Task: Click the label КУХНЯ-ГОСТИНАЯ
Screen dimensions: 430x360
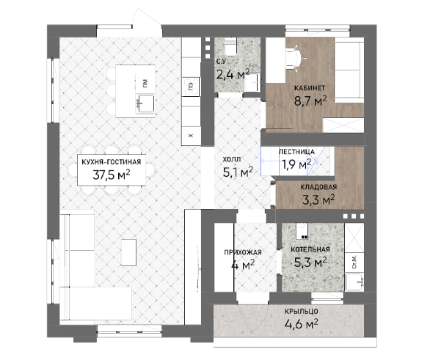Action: coord(112,162)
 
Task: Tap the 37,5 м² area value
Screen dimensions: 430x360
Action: coord(112,175)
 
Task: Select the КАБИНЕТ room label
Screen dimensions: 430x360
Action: coord(310,88)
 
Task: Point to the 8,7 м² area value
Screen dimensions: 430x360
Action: coord(310,101)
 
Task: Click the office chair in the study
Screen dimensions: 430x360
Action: coord(296,58)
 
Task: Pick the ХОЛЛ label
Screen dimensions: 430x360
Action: coord(232,159)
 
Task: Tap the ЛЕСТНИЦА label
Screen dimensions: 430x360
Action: coord(296,152)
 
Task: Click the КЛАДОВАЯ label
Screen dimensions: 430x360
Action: coord(318,188)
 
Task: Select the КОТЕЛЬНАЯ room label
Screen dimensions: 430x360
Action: coord(310,249)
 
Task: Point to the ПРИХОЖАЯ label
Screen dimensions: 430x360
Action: coord(243,253)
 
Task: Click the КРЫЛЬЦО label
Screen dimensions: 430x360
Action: coord(301,312)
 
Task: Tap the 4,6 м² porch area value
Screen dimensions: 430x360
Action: coord(302,324)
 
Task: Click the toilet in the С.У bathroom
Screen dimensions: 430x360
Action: coord(230,47)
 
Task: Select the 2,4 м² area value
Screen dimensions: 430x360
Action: coord(233,74)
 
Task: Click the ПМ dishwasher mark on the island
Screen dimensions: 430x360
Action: coord(145,83)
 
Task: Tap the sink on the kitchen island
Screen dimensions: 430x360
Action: coord(145,103)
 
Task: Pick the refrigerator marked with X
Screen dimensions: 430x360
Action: coord(191,136)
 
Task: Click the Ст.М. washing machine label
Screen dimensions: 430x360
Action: coord(354,262)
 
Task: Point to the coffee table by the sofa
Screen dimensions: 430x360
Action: coord(129,252)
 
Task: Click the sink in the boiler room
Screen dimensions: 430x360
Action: coord(354,282)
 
